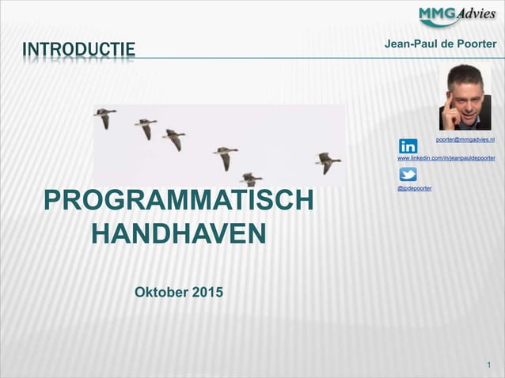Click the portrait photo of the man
coord(465,96)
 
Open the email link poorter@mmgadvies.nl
coord(465,139)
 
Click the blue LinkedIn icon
coord(408,146)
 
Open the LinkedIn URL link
coord(446,158)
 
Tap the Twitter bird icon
coord(408,176)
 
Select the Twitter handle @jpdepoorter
coord(414,188)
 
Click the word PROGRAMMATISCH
coord(179,201)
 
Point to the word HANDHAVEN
coord(179,234)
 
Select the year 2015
coord(207,293)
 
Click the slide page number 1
coord(490,365)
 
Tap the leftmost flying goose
coord(104,118)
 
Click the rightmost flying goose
coord(327,162)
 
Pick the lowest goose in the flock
coord(250,179)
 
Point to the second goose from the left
coord(146,127)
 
